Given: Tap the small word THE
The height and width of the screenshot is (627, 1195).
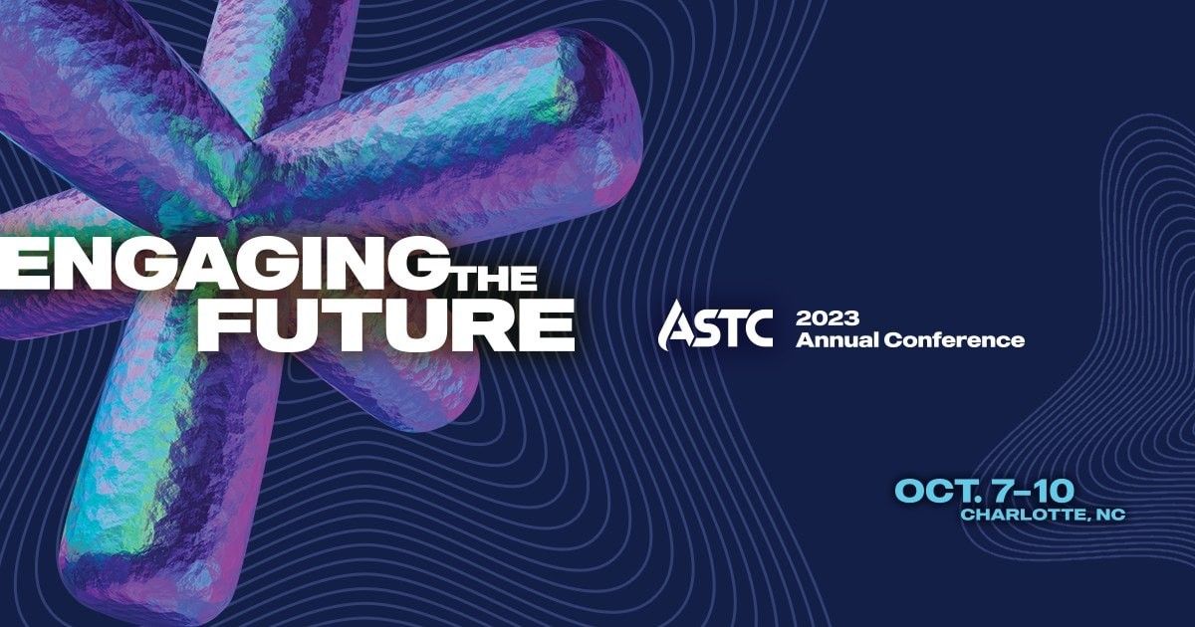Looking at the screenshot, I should (x=495, y=278).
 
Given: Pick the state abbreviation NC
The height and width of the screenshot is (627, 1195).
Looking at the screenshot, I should (x=1109, y=515).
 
